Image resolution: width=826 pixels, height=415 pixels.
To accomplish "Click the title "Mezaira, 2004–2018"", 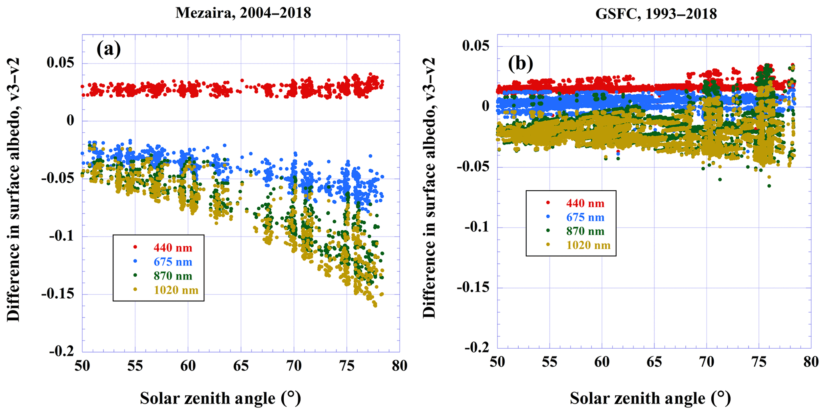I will (x=243, y=13).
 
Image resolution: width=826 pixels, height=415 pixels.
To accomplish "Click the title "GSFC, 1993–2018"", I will (x=656, y=14).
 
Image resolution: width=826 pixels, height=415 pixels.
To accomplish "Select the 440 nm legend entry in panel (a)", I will (x=173, y=248).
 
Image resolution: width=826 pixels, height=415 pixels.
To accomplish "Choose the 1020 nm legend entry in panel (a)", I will (x=176, y=290).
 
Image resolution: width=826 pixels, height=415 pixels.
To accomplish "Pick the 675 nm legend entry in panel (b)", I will (x=585, y=217).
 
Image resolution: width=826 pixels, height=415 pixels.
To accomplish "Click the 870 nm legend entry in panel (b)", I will (x=585, y=231).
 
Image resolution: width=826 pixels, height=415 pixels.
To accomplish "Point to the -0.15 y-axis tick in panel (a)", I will (x=58, y=294).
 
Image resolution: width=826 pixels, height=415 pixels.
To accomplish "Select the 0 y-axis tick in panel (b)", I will (x=486, y=106).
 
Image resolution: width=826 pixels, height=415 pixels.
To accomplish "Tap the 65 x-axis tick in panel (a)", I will (x=241, y=366).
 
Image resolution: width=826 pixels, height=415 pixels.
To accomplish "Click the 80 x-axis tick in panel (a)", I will (x=399, y=366).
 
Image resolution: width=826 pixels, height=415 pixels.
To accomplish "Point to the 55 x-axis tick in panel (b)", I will (x=549, y=362).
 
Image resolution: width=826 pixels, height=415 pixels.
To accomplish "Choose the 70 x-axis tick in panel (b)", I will (x=707, y=362).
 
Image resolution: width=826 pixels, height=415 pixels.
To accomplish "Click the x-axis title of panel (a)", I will (x=220, y=398).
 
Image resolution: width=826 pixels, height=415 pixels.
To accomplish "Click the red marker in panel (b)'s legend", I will (x=548, y=203).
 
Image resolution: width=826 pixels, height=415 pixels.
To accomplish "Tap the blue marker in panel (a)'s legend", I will (x=135, y=262).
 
